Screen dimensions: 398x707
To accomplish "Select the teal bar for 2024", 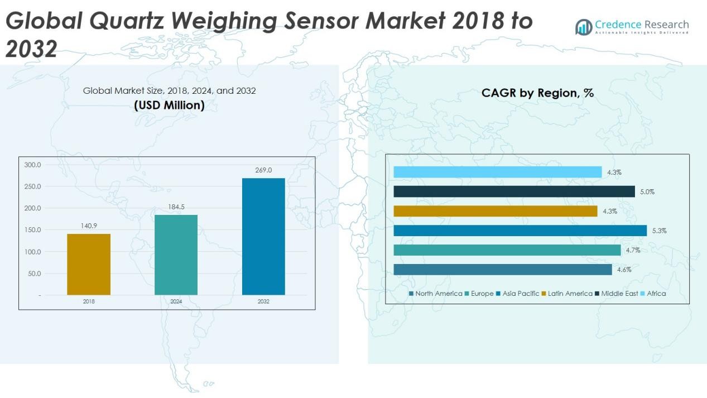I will pyautogui.click(x=176, y=255).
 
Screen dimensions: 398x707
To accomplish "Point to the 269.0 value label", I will pyautogui.click(x=263, y=170).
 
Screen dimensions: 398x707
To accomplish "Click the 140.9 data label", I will pyautogui.click(x=89, y=226).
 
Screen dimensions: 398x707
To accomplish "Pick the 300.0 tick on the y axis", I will pyautogui.click(x=32, y=165).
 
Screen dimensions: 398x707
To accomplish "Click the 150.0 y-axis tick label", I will pyautogui.click(x=32, y=230).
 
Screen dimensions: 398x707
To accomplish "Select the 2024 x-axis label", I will pyautogui.click(x=176, y=301).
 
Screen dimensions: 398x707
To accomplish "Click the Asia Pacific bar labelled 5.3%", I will pyautogui.click(x=520, y=231).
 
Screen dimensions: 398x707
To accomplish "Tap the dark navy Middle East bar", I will pyautogui.click(x=514, y=191).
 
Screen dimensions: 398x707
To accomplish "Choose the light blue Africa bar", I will pyautogui.click(x=497, y=172).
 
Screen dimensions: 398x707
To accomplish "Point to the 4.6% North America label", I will pyautogui.click(x=624, y=270).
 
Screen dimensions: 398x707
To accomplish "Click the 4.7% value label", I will pyautogui.click(x=633, y=251).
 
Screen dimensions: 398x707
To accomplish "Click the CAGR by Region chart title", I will pyautogui.click(x=537, y=93).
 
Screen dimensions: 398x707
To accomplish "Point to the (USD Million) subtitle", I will pyautogui.click(x=169, y=105).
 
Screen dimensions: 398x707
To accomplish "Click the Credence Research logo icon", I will pyautogui.click(x=584, y=27).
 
